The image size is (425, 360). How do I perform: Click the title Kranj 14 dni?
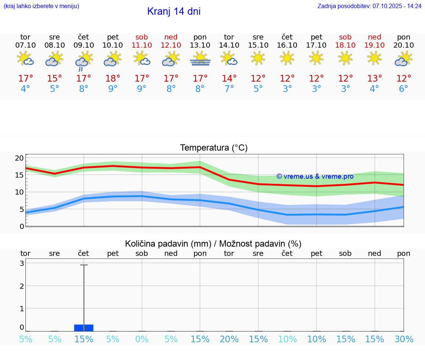point(174,11)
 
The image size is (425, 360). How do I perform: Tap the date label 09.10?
point(84,45)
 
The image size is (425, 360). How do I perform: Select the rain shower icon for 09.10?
point(84,61)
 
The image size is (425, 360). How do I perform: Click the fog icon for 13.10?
point(200,59)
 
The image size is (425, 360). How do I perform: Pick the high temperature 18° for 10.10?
point(113,79)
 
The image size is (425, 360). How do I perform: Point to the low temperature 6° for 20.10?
point(404,89)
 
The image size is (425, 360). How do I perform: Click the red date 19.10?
point(374,45)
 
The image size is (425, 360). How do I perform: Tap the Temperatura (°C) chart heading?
point(214,148)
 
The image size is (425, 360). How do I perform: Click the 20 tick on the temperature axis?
point(19,158)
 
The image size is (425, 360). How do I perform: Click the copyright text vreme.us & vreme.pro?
point(315,176)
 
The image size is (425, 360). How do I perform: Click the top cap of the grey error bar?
point(84,265)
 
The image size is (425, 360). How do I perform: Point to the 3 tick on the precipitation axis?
point(22,263)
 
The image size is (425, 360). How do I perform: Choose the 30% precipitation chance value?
point(404,339)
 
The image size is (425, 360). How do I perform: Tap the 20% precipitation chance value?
point(229,339)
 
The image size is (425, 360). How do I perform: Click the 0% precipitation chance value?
point(142,339)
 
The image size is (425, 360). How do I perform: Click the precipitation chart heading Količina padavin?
point(213,244)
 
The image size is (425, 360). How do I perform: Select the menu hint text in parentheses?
point(41,6)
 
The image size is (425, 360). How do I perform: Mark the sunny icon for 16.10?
point(287,58)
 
